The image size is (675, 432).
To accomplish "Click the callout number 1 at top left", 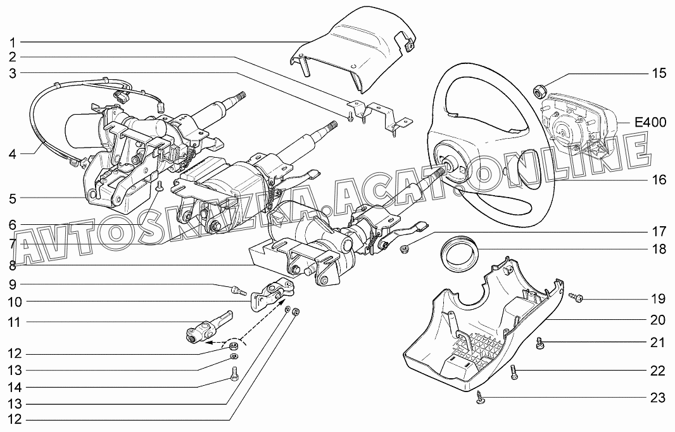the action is pyautogui.click(x=13, y=42).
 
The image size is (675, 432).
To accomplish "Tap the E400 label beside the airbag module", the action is pyautogui.click(x=650, y=122).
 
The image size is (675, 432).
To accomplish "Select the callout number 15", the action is pyautogui.click(x=659, y=73).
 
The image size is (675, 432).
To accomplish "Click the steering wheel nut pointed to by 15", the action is pyautogui.click(x=538, y=91).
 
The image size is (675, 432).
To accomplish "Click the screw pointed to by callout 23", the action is pyautogui.click(x=480, y=398).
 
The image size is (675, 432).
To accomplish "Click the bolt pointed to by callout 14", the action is pyautogui.click(x=235, y=374).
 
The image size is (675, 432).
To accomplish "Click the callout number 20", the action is pyautogui.click(x=658, y=320).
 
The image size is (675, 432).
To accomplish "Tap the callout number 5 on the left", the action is pyautogui.click(x=13, y=198).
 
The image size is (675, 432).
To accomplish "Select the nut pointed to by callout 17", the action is pyautogui.click(x=404, y=248).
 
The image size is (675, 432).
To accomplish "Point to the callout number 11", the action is pyautogui.click(x=14, y=322).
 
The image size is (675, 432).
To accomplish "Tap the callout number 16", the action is pyautogui.click(x=659, y=179).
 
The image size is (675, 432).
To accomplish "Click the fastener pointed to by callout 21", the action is pyautogui.click(x=539, y=343).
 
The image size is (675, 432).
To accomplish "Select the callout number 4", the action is pyautogui.click(x=13, y=154).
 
